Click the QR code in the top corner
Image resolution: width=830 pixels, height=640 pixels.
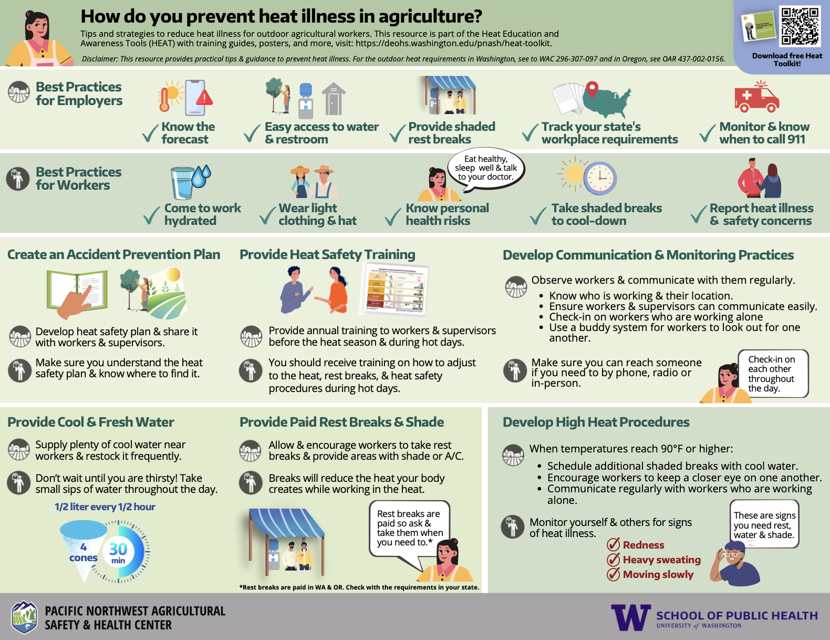(x=800, y=26)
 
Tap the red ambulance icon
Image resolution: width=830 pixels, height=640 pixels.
(x=756, y=97)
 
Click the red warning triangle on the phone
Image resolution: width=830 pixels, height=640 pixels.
(x=204, y=97)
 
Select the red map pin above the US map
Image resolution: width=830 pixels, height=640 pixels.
(x=592, y=89)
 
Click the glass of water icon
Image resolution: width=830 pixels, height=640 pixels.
(x=183, y=183)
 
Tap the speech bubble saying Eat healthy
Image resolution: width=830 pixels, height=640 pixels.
(x=486, y=169)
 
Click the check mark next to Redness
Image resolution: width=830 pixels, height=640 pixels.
(x=614, y=544)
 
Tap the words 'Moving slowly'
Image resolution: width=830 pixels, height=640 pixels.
(x=658, y=574)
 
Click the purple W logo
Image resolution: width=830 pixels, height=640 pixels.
(x=631, y=617)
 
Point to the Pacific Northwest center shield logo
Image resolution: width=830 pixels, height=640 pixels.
(x=25, y=617)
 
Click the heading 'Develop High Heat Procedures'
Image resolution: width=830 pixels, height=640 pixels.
(x=596, y=422)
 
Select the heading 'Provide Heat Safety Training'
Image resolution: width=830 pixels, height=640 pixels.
(x=327, y=254)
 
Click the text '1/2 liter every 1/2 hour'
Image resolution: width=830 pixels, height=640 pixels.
(x=105, y=507)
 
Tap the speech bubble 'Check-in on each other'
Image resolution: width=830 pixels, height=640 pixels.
(x=772, y=374)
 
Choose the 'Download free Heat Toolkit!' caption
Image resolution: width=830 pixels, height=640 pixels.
(x=787, y=59)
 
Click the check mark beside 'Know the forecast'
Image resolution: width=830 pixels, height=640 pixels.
(x=150, y=133)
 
